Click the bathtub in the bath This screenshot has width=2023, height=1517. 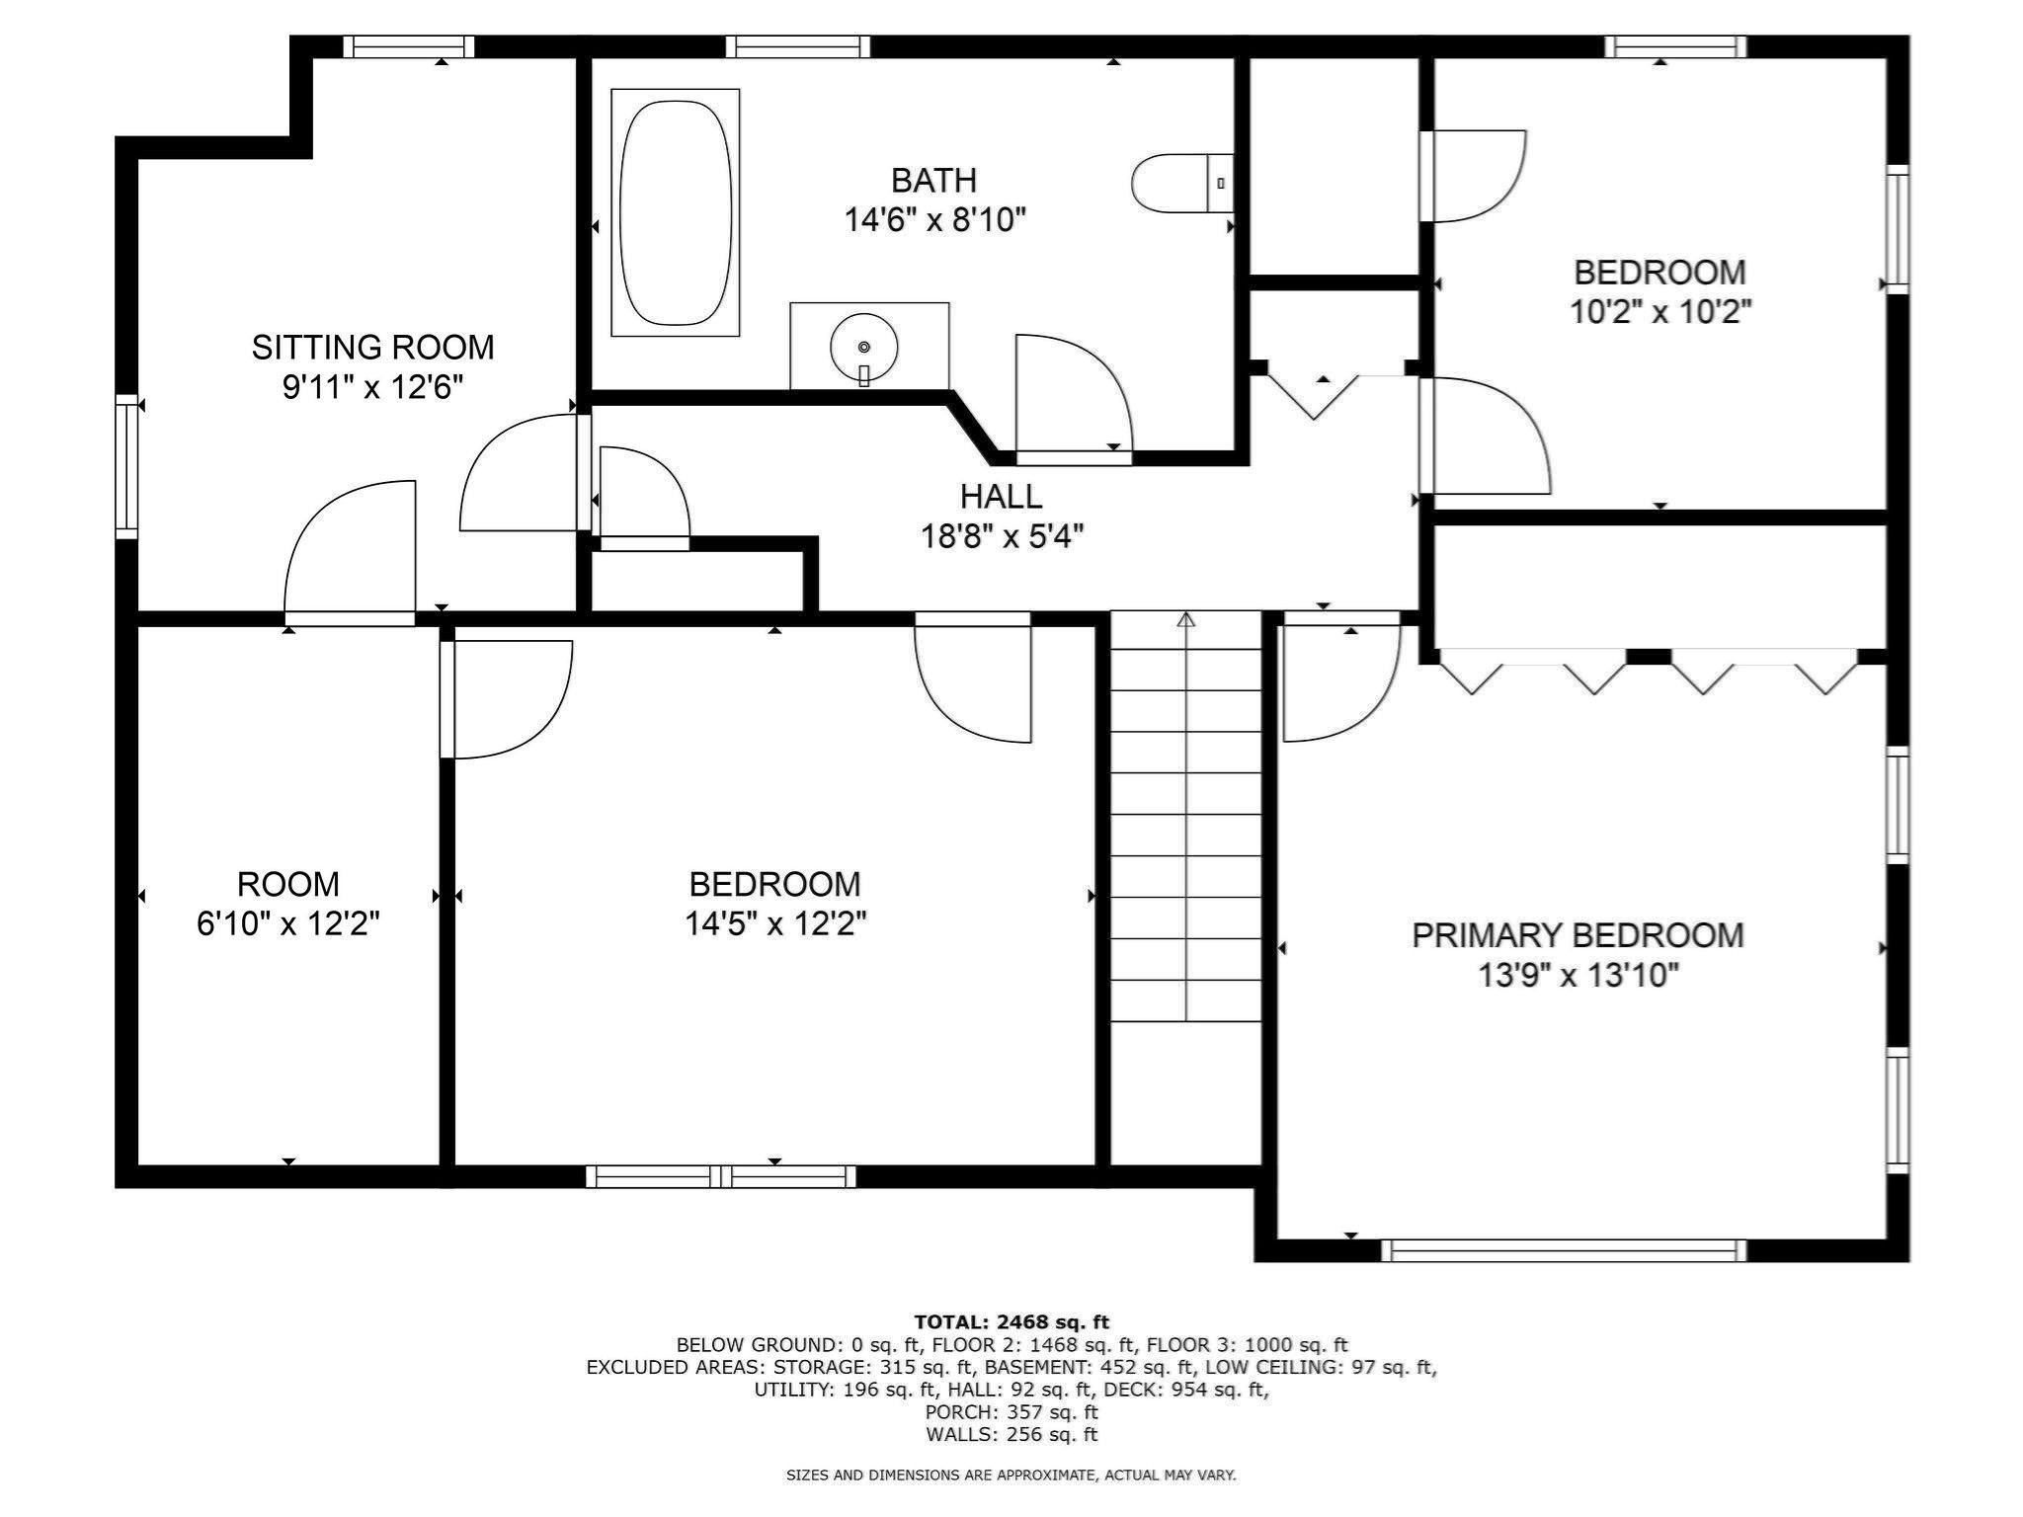[676, 211]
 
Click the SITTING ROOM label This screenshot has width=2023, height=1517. [372, 347]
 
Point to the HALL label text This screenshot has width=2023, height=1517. [1001, 496]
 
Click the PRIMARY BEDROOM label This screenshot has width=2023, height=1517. [1578, 934]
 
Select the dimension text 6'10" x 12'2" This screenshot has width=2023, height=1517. [288, 923]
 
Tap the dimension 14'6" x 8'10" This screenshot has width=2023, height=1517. [934, 220]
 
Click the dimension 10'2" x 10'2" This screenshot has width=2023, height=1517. [1660, 312]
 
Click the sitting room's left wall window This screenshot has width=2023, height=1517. [126, 466]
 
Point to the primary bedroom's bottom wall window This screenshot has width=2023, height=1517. [1563, 1250]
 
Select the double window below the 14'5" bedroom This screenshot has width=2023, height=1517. [721, 1176]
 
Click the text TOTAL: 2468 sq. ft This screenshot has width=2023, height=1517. [1011, 1321]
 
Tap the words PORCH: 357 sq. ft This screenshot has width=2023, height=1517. [1011, 1411]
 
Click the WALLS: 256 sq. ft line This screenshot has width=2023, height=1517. [1011, 1434]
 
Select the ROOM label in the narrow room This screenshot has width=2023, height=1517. [288, 883]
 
